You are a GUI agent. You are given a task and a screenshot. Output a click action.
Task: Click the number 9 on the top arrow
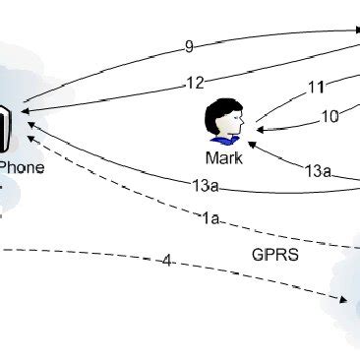pos(190,45)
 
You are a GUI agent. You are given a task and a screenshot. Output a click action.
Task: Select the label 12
pos(195,84)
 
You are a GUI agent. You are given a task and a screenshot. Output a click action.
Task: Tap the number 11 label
pos(316,87)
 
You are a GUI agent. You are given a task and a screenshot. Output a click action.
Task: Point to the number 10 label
pos(330,116)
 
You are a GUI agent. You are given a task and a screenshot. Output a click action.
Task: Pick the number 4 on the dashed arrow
pos(167,261)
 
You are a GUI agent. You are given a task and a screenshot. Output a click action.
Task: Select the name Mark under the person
pos(223,156)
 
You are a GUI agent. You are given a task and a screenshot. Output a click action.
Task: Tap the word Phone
pos(23,167)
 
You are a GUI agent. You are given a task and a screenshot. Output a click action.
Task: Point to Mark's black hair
pos(220,109)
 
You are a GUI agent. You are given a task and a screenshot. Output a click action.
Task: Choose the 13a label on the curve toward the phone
pos(204,183)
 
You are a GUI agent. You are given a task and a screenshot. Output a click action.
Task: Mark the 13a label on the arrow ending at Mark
pos(317,170)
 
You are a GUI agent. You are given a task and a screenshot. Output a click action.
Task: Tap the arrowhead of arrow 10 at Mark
pos(261,128)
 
